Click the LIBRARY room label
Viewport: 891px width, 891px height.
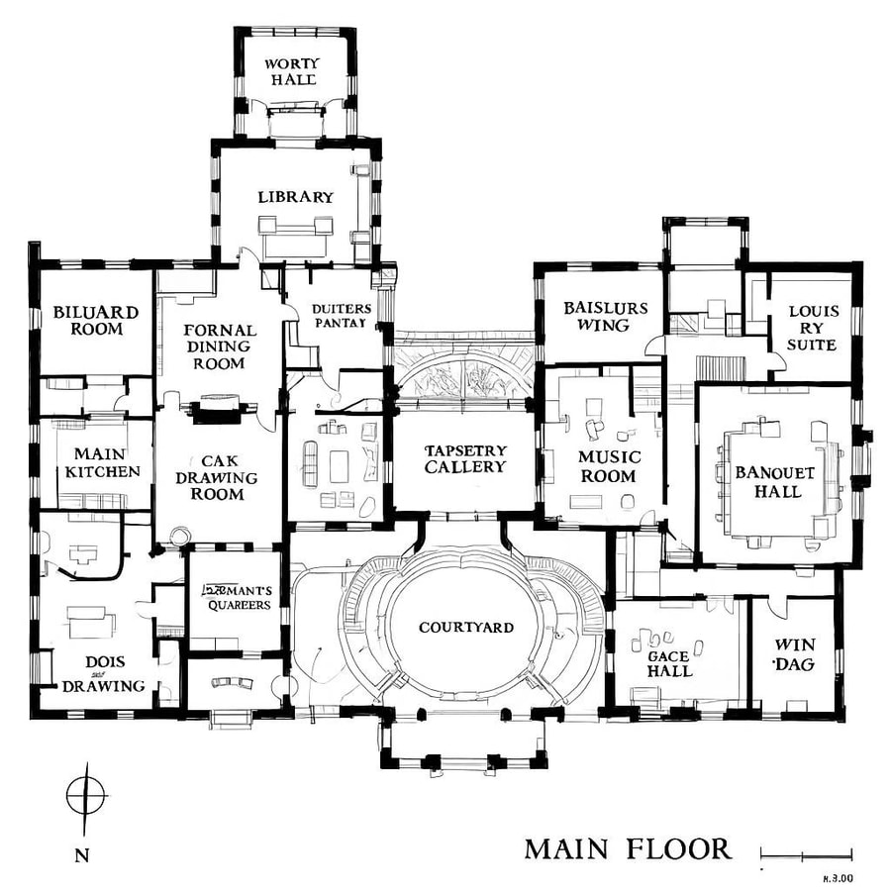pos(295,197)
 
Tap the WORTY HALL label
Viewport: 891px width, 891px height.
pos(291,71)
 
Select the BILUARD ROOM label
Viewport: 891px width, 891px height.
pos(96,320)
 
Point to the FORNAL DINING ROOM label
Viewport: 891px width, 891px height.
pos(219,346)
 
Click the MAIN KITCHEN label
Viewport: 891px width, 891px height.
pos(103,462)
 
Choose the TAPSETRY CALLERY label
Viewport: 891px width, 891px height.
pos(465,458)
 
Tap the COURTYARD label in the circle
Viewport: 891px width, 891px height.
pos(465,628)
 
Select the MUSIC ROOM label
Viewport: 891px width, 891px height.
pos(609,466)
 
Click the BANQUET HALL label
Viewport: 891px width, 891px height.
pos(775,482)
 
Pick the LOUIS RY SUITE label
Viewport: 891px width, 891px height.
pos(813,328)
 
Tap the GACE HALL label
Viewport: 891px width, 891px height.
pos(669,663)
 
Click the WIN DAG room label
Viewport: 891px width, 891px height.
pos(794,655)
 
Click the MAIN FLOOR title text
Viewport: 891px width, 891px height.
pos(628,849)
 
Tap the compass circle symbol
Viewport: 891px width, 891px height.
pos(86,794)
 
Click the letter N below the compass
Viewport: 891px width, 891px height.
pos(79,854)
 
